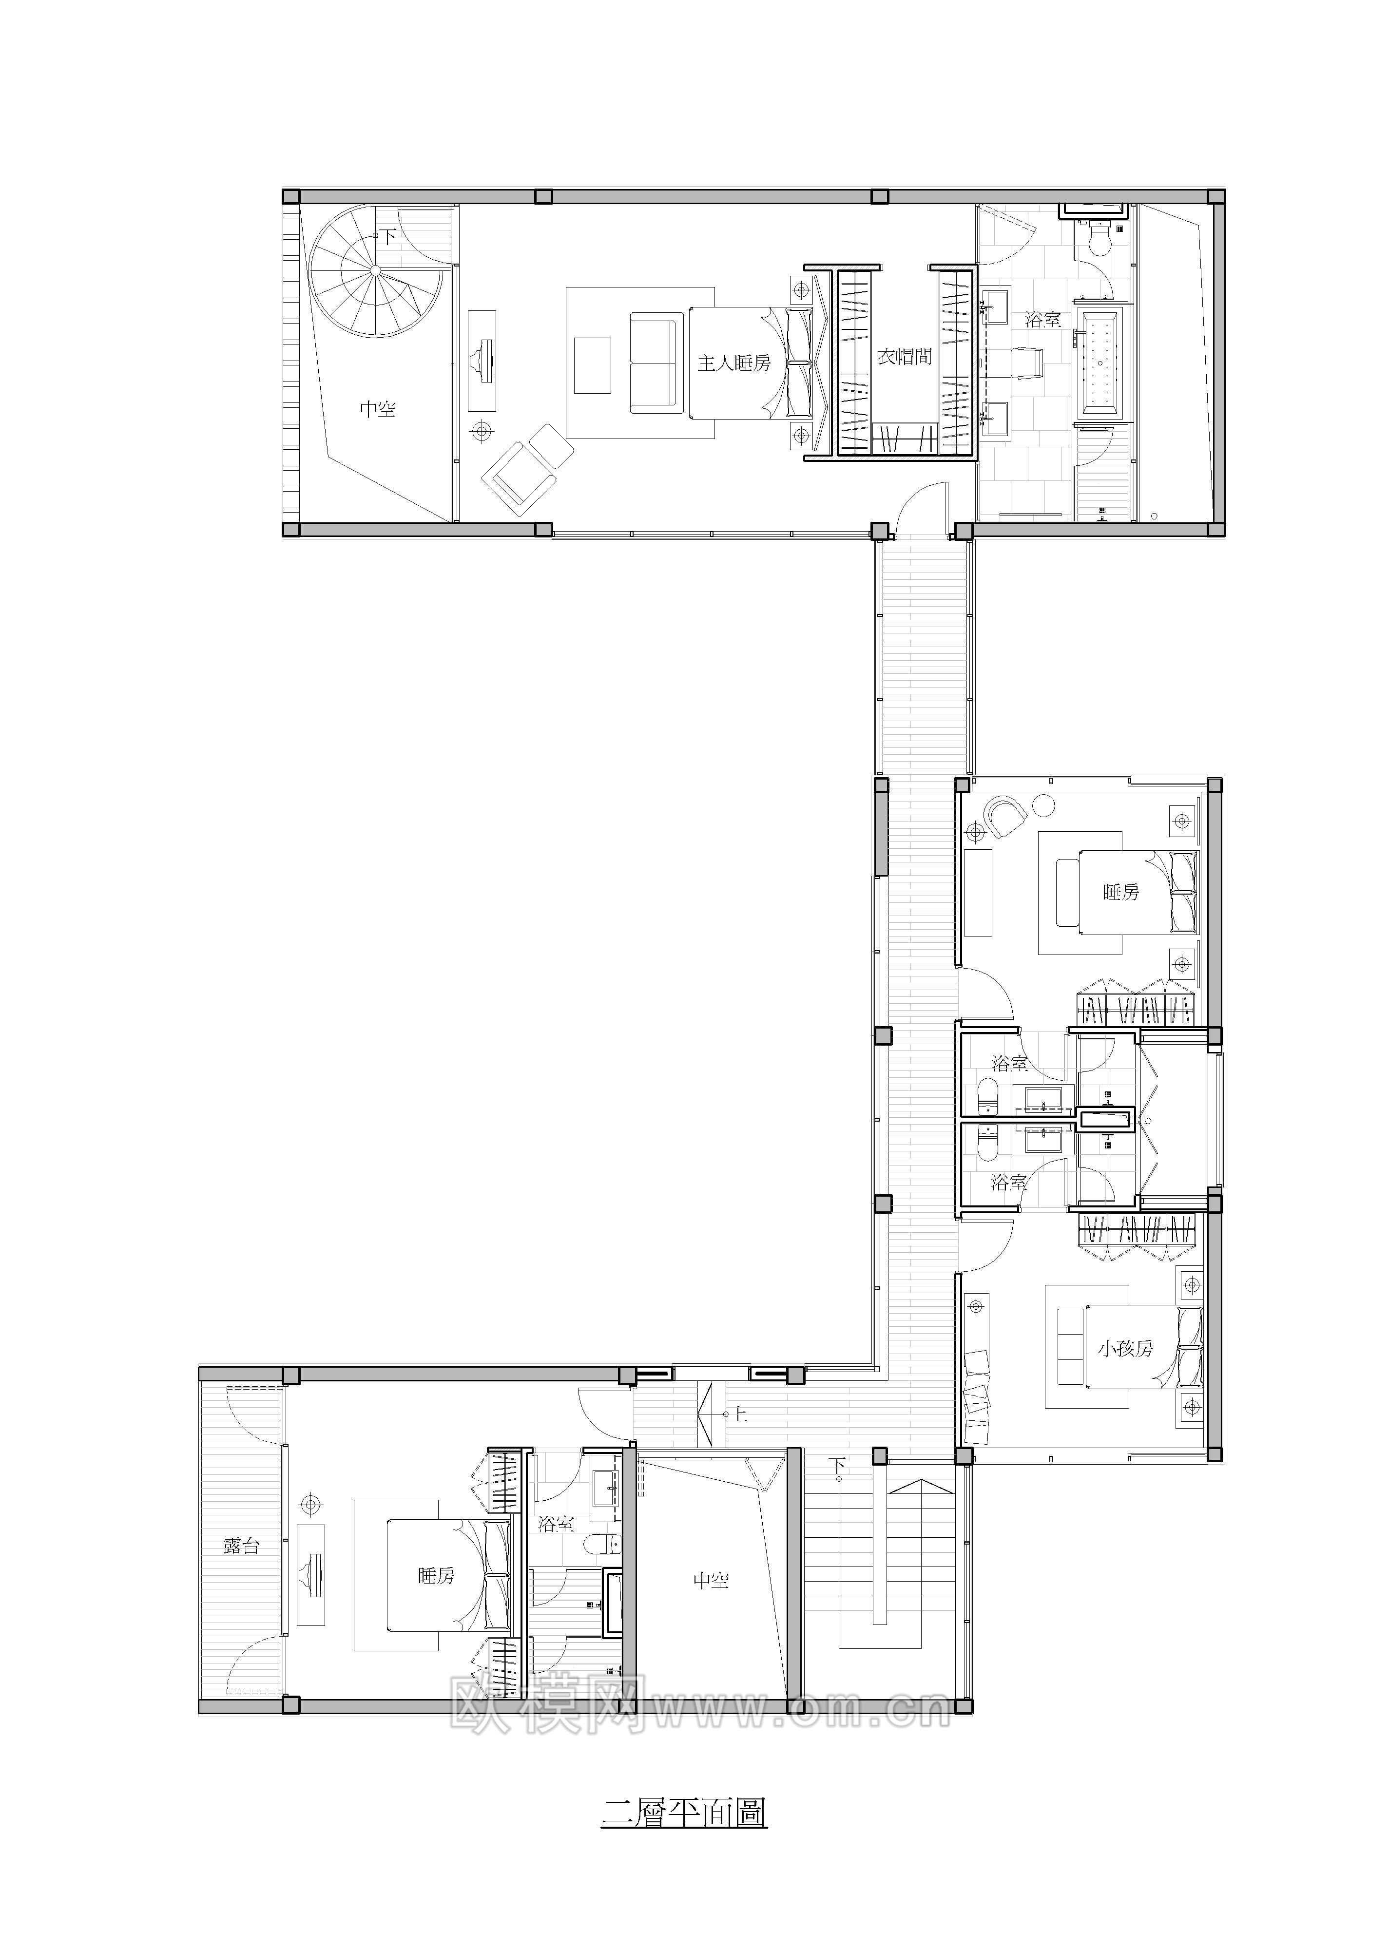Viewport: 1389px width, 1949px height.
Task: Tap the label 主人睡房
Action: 734,363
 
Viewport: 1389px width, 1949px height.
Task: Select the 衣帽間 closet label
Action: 904,357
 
